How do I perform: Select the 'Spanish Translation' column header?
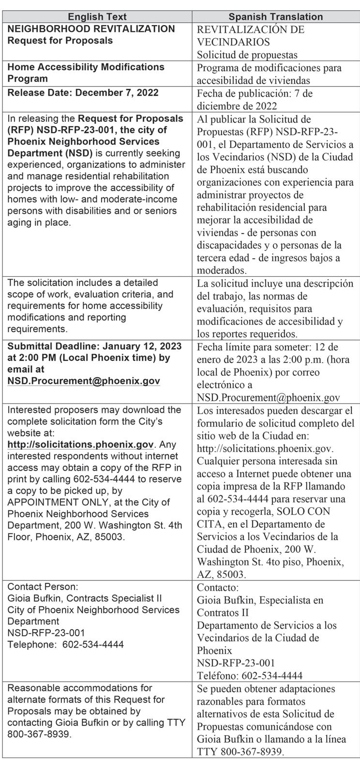(x=275, y=16)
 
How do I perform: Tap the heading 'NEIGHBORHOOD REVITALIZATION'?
(x=91, y=29)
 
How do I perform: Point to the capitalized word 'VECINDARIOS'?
(x=233, y=42)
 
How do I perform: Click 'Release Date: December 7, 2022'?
(x=83, y=92)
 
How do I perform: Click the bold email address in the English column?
(x=84, y=381)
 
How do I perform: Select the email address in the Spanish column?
(x=268, y=398)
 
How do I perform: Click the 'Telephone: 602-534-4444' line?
(x=65, y=645)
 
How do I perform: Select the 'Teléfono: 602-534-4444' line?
(x=250, y=676)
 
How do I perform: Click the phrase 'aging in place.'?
(x=39, y=222)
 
